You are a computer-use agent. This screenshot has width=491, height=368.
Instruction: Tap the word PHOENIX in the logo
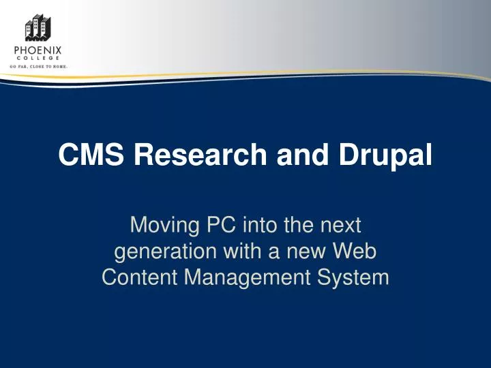(x=38, y=50)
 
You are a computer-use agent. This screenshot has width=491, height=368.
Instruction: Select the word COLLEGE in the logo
(x=38, y=59)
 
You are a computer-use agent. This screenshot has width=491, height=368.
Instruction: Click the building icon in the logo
(x=38, y=28)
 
